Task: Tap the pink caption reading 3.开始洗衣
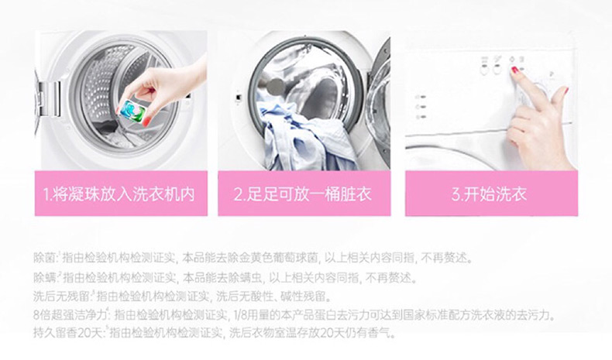(x=489, y=194)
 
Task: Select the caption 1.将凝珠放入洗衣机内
(x=119, y=194)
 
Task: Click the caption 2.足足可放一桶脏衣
(x=302, y=194)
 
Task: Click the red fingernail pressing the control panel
(x=514, y=70)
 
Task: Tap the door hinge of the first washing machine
(x=50, y=98)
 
